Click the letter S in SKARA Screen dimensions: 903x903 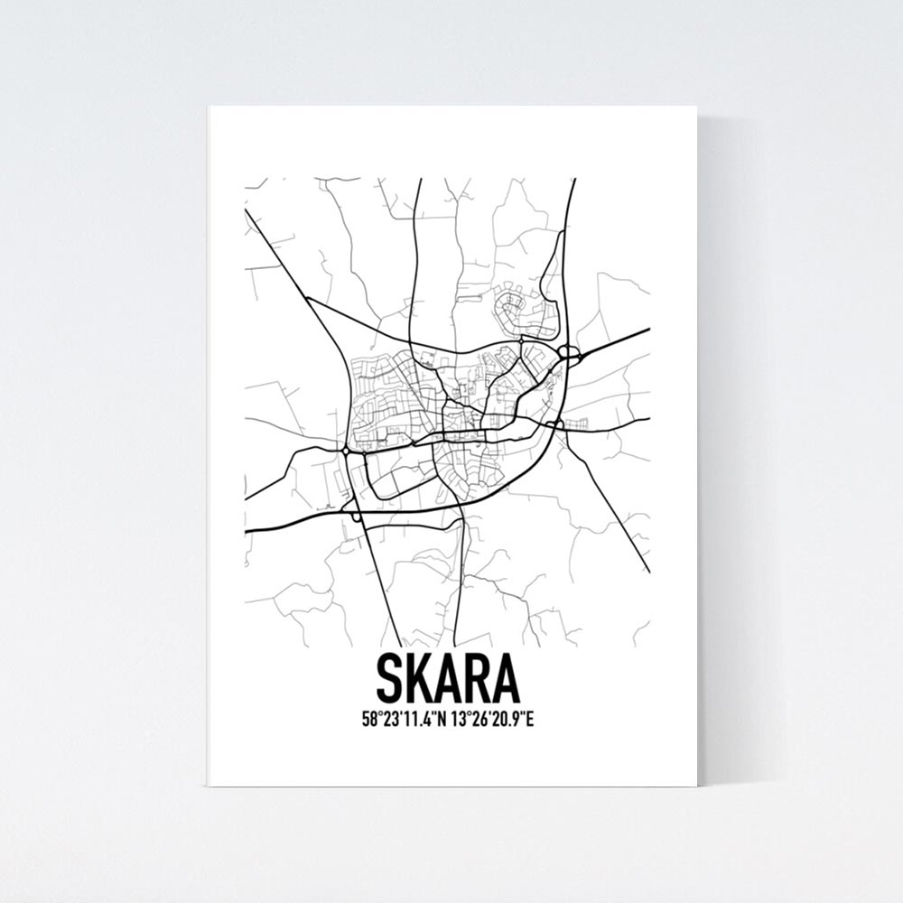[391, 679]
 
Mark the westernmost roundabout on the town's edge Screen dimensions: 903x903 [346, 449]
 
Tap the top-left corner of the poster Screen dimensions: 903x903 [209, 107]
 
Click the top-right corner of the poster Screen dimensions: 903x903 [696, 107]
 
